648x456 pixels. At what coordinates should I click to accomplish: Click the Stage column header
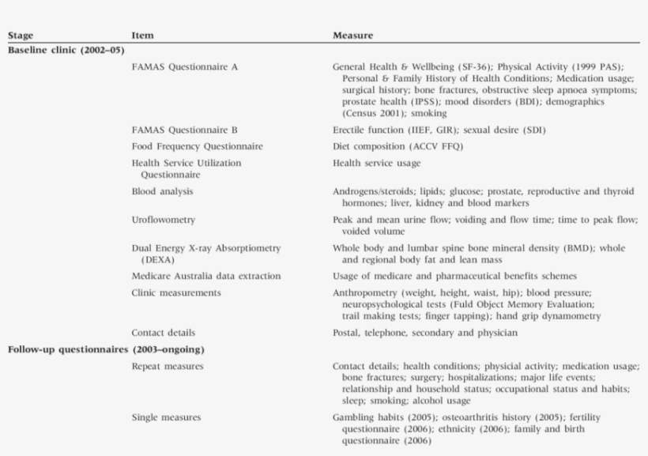click(x=20, y=36)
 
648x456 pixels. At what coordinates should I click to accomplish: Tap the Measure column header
click(x=352, y=36)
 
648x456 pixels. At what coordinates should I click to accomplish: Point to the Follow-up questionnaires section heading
click(x=106, y=349)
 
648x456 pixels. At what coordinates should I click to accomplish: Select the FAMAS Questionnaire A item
click(x=185, y=67)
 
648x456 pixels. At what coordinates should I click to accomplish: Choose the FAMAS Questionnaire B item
click(x=185, y=130)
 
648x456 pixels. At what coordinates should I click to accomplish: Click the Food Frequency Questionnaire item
click(x=197, y=146)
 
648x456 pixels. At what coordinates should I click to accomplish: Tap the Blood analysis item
click(x=162, y=191)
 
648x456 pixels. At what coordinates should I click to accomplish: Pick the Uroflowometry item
click(x=164, y=220)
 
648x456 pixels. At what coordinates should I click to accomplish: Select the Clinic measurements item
click(x=176, y=292)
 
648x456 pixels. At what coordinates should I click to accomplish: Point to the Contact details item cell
click(x=163, y=333)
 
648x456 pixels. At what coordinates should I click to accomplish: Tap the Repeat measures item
click(x=167, y=366)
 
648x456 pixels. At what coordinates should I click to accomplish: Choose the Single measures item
click(x=166, y=417)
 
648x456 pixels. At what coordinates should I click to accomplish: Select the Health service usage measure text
click(x=376, y=163)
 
